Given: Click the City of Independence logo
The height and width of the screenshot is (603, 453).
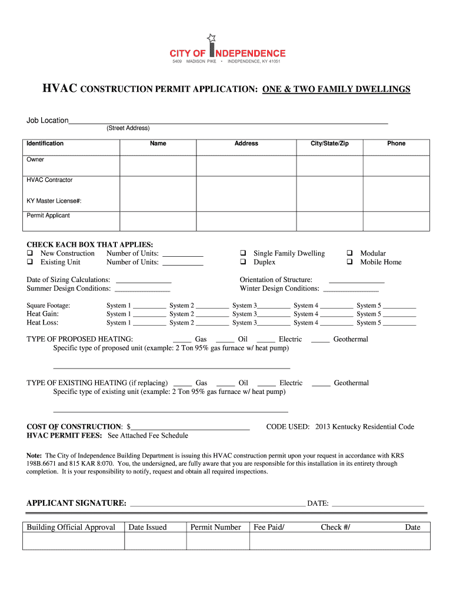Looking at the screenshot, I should pos(228,49).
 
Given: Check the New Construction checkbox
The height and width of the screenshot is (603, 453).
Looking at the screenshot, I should pos(29,254).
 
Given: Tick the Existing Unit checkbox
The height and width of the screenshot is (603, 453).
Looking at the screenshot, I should pos(29,263).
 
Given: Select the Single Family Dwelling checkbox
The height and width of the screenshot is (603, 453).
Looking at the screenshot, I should pos(242,254).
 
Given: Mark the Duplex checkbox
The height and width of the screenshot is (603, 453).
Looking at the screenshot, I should pos(242,263).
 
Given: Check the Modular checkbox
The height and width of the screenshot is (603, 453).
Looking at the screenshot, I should pos(349,254).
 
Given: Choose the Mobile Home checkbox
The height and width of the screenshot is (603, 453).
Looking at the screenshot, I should pos(349,263).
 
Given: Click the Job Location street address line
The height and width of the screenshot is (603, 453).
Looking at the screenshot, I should pos(228,120).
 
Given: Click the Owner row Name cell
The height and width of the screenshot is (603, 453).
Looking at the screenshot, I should pos(158,165).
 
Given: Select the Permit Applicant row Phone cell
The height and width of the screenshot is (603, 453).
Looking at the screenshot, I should pos(396,220).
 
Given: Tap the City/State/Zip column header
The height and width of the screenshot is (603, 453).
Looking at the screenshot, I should pos(329,144).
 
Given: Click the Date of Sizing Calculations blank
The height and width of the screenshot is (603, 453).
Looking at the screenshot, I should pos(144,280).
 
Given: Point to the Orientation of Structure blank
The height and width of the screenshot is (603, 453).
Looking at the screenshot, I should pos(357,280).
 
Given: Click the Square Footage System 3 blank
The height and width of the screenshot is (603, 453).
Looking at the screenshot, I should pos(274,306).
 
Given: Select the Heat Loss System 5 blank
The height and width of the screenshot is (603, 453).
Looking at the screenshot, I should pos(399,323).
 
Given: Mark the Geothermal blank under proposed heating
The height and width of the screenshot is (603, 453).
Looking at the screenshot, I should pos(320,340).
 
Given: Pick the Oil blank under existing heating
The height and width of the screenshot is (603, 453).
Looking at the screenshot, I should pos(226,383).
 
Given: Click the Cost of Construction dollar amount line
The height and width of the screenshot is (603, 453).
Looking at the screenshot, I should pos(191,427).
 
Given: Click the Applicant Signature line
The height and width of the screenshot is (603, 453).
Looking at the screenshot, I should pos(217,503).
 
